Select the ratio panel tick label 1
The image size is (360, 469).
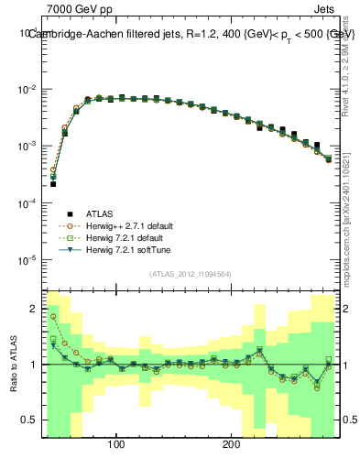pos(33,365)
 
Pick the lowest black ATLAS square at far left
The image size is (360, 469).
pos(53,184)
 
